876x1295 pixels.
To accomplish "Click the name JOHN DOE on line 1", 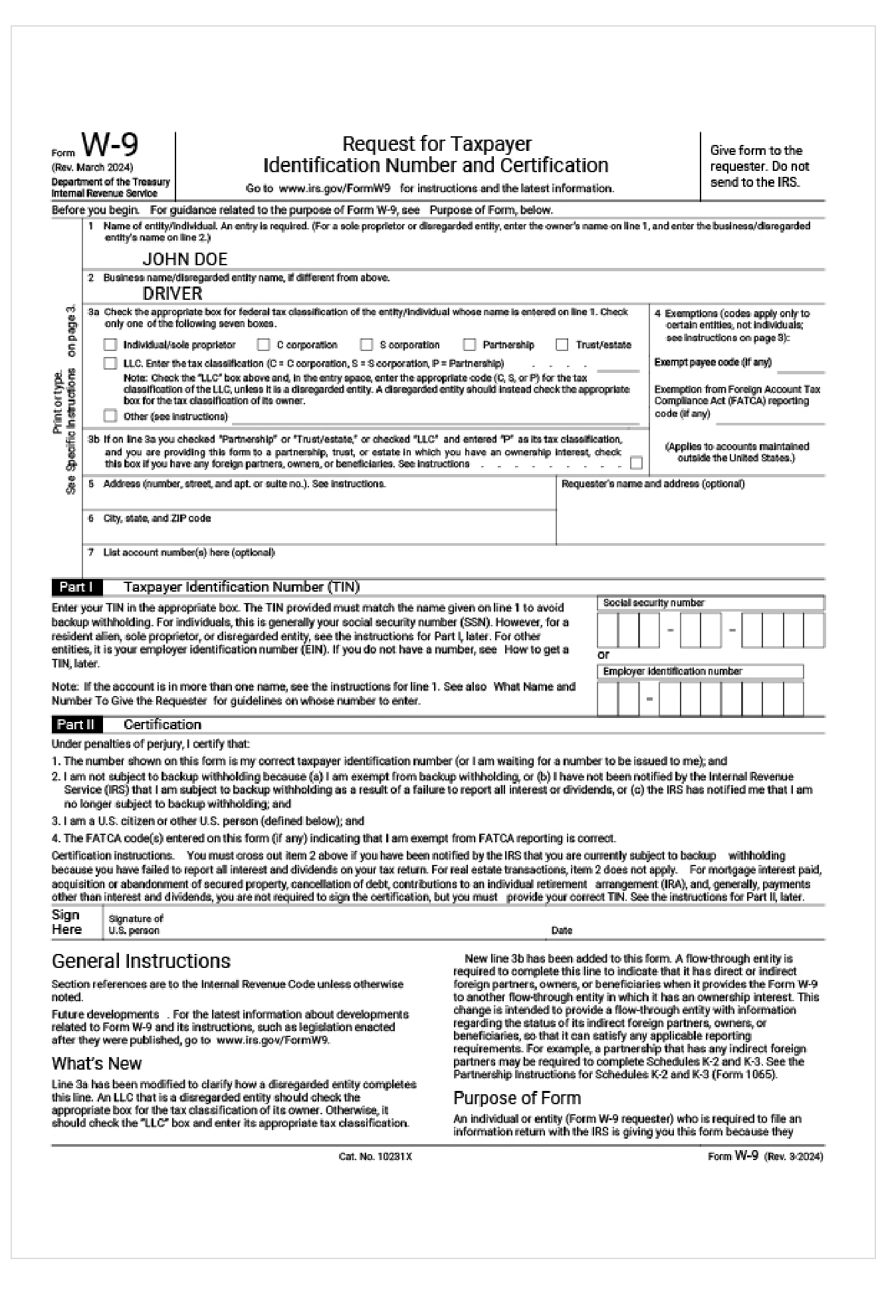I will tap(185, 259).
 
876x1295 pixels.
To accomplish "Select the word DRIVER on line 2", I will tap(173, 293).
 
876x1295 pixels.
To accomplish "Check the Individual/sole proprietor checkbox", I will tap(110, 345).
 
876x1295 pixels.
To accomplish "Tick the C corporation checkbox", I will tap(263, 345).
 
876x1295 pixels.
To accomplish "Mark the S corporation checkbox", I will tap(366, 345).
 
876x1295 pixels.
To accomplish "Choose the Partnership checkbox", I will tap(469, 345).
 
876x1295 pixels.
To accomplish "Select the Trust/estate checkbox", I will tap(562, 345).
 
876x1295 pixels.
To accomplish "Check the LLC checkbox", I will tap(110, 364).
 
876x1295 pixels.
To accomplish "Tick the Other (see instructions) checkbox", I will tap(110, 417).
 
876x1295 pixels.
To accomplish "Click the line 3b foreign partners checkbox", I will tap(636, 463).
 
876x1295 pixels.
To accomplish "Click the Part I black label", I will tap(76, 587).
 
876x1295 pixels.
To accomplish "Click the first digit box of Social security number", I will tap(607, 630).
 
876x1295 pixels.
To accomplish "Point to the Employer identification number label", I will tap(672, 671).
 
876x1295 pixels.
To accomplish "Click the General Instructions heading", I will tap(141, 961).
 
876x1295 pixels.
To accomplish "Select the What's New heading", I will tap(96, 1063).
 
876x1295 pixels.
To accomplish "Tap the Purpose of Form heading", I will tap(516, 1098).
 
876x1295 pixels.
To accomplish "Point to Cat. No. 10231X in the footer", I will tap(376, 1157).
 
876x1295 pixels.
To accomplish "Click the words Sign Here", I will tap(66, 922).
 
